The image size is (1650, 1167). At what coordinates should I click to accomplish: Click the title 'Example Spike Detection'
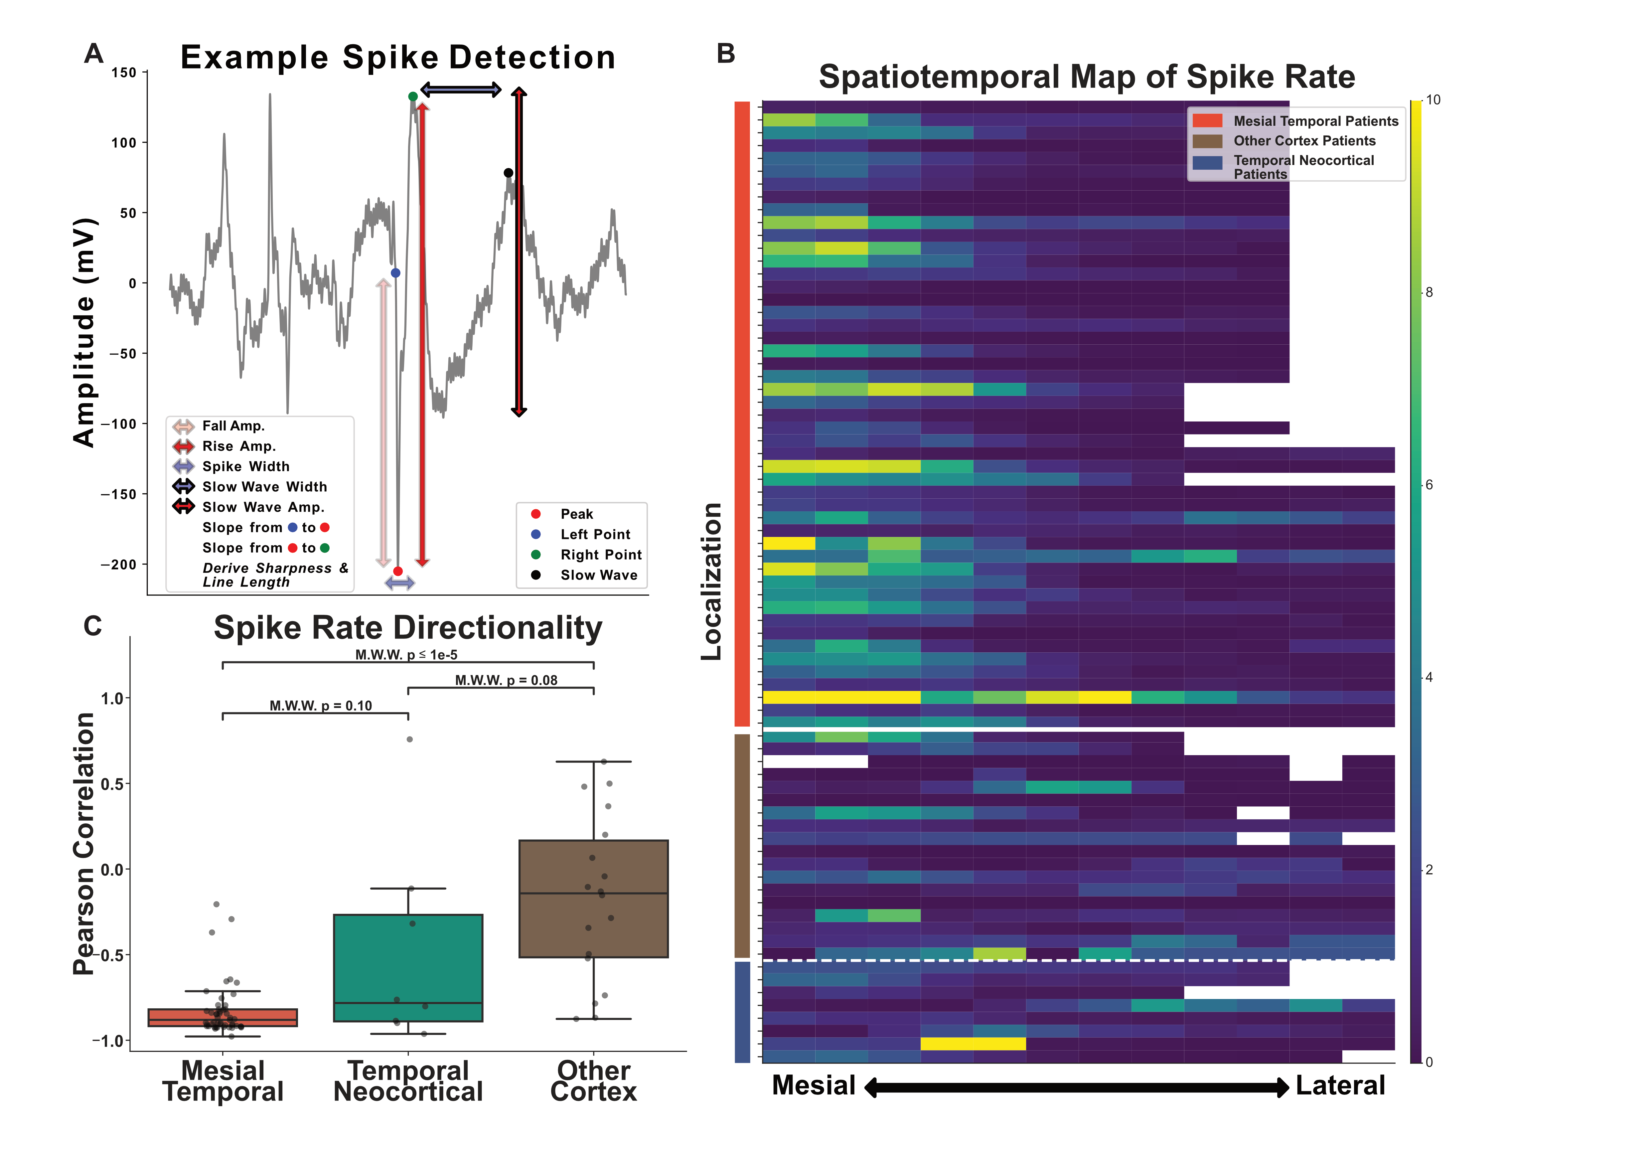click(x=397, y=58)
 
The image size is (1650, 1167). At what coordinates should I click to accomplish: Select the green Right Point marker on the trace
click(x=412, y=96)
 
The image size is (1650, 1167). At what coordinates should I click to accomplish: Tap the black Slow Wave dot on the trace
click(x=508, y=172)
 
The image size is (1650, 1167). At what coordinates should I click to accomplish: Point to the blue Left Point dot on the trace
click(x=395, y=273)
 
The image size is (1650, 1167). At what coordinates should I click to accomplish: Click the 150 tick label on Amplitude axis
click(x=124, y=73)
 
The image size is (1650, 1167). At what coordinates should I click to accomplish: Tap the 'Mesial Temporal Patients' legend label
click(x=1315, y=121)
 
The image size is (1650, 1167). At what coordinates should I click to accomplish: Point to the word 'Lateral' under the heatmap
click(x=1340, y=1085)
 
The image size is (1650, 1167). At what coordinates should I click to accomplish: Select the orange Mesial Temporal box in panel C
click(x=223, y=1018)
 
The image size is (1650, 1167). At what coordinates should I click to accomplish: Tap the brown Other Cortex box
click(x=594, y=898)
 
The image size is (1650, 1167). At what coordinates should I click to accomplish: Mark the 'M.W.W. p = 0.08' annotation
click(x=506, y=680)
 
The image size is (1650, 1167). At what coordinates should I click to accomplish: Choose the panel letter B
click(x=726, y=54)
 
